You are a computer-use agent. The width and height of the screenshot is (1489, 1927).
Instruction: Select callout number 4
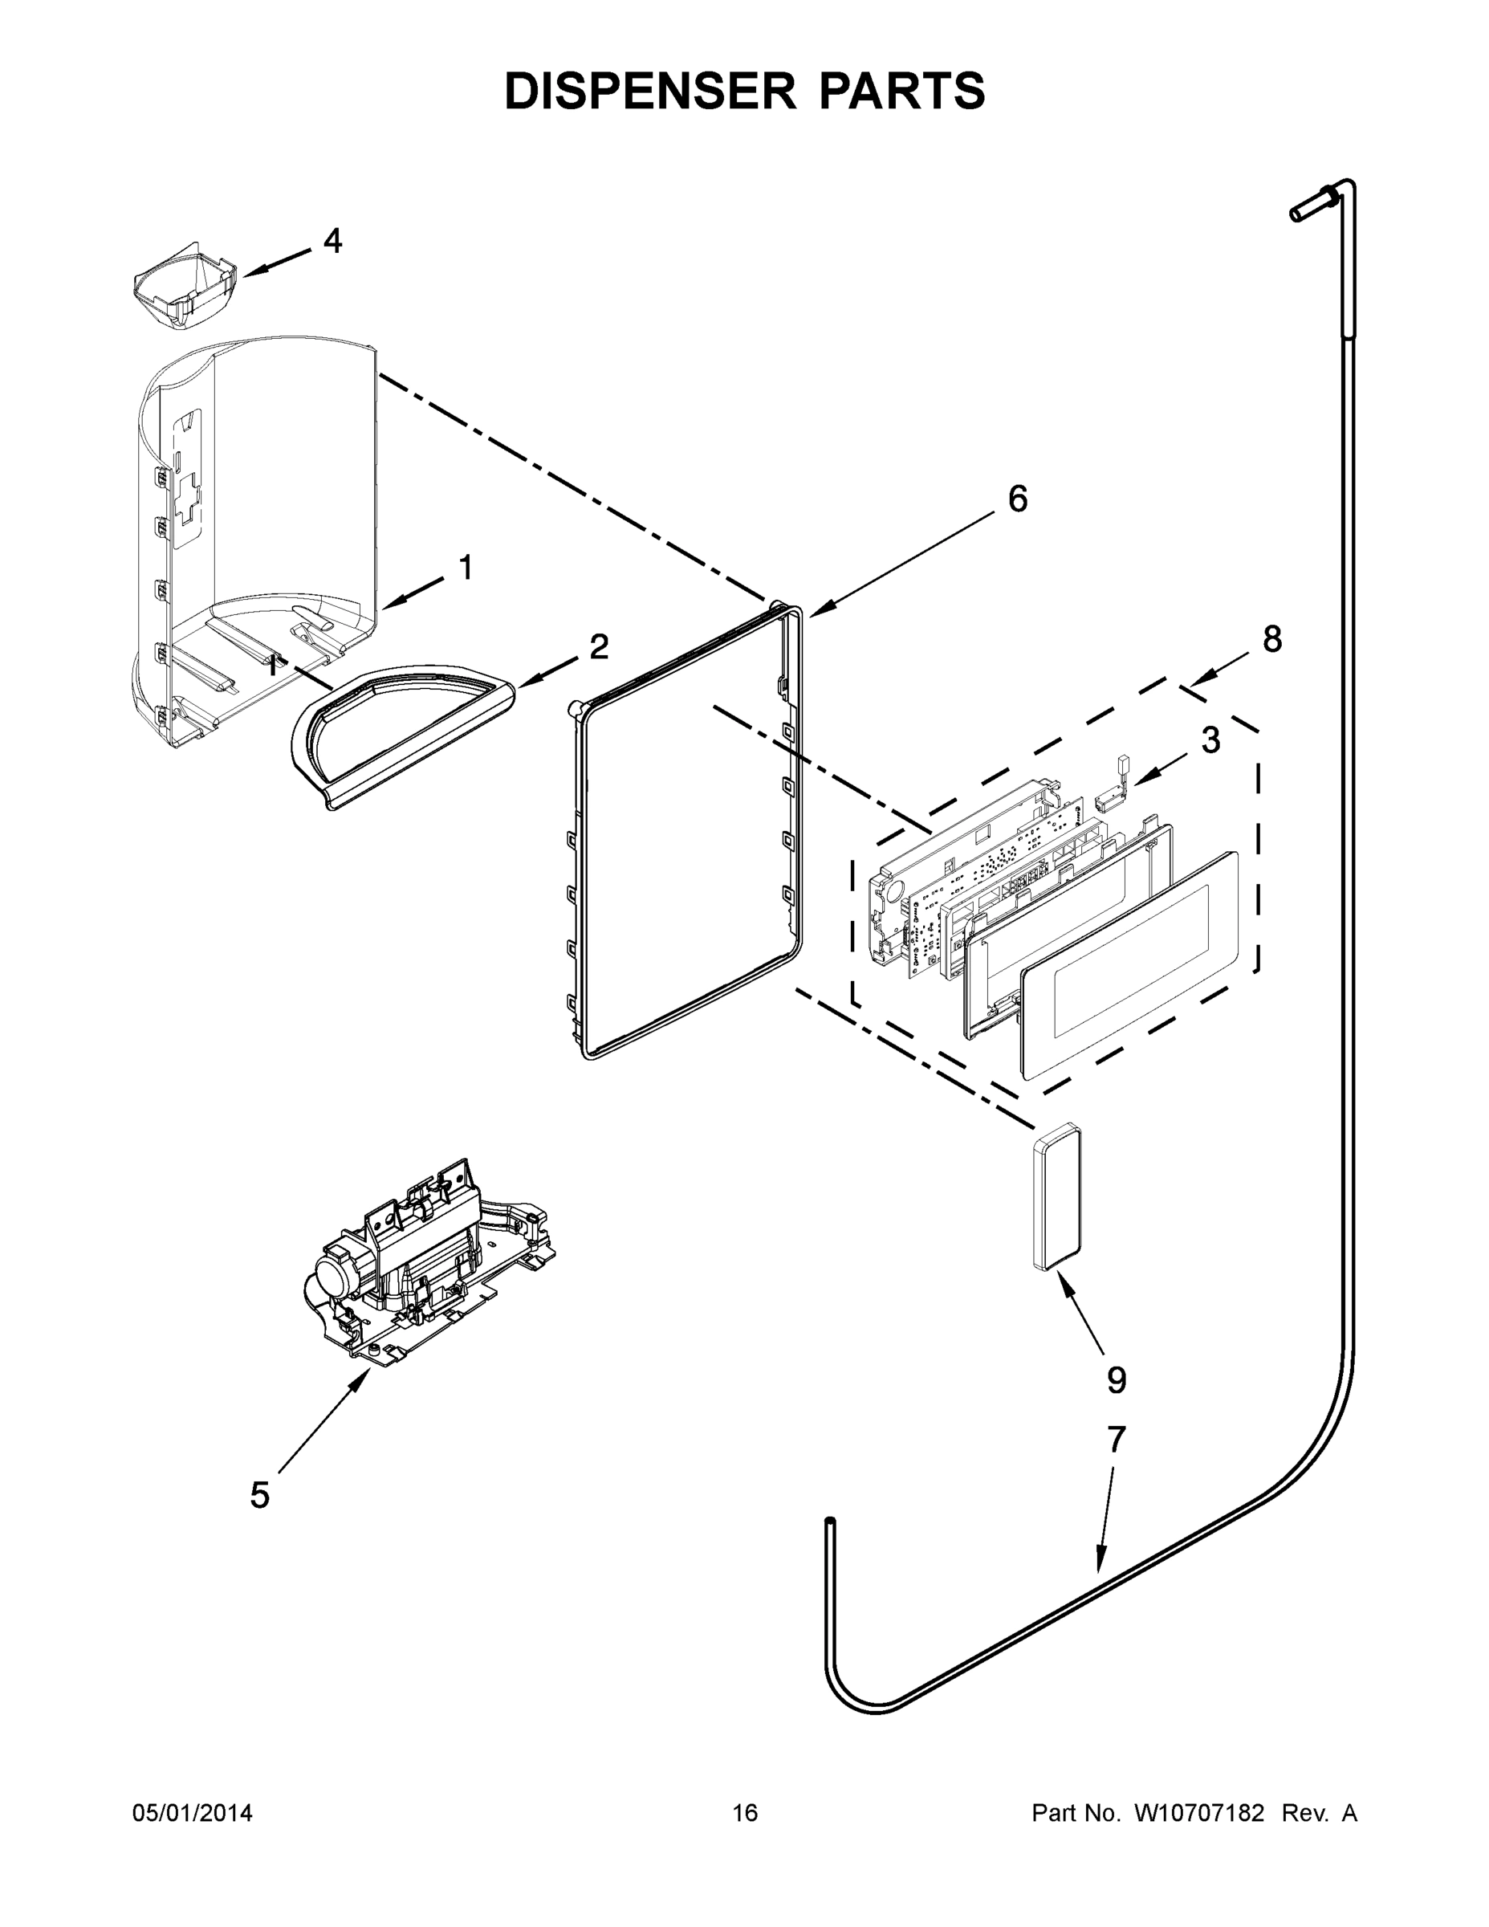[332, 240]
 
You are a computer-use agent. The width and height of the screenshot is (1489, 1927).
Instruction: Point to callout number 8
[1271, 639]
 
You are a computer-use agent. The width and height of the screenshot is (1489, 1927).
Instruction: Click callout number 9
[1116, 1380]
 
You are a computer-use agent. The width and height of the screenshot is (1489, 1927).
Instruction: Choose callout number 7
[1116, 1439]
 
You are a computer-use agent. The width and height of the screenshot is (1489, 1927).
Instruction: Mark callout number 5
[259, 1496]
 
